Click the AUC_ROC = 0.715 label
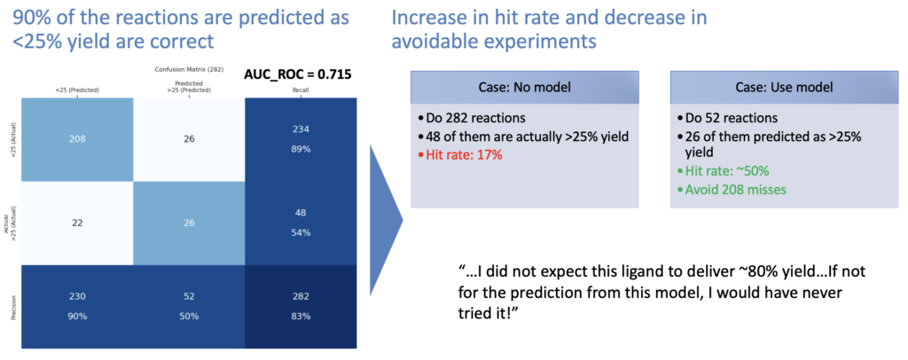298,74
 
